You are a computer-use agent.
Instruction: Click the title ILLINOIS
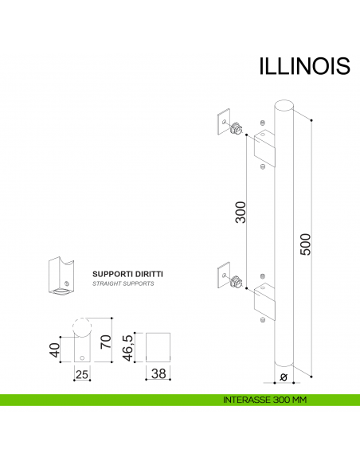click(x=303, y=65)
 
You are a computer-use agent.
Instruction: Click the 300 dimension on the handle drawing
click(x=241, y=212)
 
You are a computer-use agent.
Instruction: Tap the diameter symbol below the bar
click(x=284, y=377)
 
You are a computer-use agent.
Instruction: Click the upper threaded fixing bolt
click(x=236, y=129)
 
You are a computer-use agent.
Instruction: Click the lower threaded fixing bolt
click(x=236, y=282)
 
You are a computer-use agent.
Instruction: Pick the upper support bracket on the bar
click(x=264, y=147)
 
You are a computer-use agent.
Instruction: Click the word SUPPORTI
click(x=115, y=273)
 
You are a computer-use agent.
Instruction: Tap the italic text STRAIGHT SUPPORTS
click(x=123, y=283)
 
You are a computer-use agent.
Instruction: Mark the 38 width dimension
click(x=159, y=373)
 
